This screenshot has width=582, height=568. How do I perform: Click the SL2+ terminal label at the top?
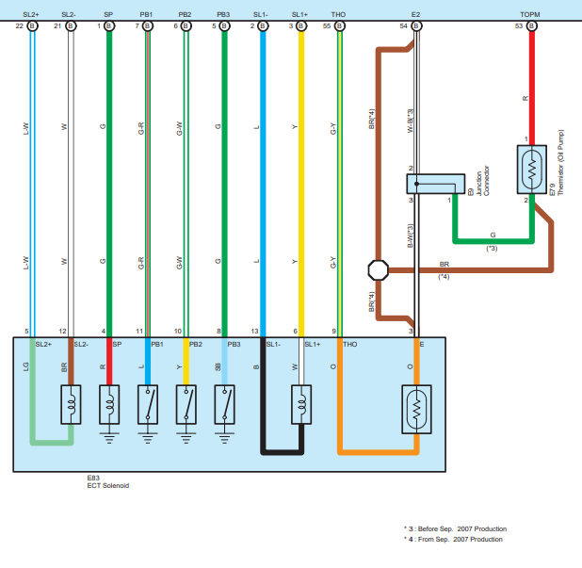(x=32, y=15)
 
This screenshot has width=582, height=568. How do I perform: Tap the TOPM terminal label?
(x=531, y=15)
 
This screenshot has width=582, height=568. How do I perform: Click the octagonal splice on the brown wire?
(x=379, y=270)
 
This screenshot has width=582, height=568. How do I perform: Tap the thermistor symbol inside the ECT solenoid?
(x=417, y=407)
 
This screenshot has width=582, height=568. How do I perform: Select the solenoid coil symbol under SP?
(x=111, y=404)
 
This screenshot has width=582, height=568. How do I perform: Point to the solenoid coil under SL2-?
(x=72, y=406)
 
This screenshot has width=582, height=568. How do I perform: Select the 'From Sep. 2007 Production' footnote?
(x=456, y=539)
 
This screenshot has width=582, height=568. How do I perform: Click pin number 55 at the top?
(x=326, y=26)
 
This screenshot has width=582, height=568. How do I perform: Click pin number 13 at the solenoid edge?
(x=254, y=332)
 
